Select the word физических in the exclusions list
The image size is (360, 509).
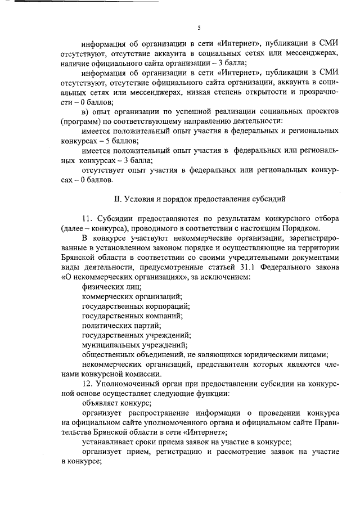(101, 287)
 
